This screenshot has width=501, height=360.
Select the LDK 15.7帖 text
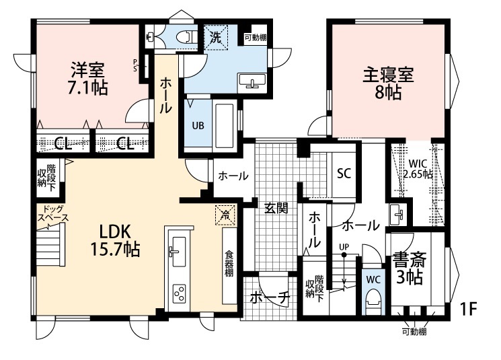coord(115,239)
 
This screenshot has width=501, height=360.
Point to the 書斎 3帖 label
coord(408,268)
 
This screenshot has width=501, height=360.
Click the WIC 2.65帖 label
coord(418,168)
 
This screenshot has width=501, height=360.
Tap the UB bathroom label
coord(199,125)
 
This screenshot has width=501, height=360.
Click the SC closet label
coord(344,173)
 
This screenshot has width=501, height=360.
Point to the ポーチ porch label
coord(269,297)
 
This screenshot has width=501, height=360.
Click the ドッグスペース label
coord(52,214)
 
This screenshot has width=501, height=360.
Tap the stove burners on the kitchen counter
coord(180,293)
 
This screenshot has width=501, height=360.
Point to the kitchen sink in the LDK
coord(177,251)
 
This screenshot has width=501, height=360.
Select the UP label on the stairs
coord(344,246)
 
